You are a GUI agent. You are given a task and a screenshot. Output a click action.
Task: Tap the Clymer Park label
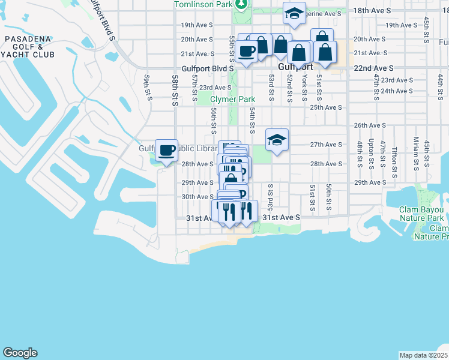[232, 99]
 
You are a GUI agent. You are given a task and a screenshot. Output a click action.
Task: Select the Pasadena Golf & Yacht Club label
[29, 47]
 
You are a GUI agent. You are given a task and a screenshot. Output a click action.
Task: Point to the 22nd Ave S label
[374, 69]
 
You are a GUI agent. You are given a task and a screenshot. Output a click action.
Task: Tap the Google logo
[20, 353]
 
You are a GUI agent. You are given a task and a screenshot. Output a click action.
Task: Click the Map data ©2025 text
[423, 355]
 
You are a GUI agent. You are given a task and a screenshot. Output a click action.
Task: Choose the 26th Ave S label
[369, 125]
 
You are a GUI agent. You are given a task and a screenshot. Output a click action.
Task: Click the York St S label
[304, 85]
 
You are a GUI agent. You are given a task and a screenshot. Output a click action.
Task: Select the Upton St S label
[372, 150]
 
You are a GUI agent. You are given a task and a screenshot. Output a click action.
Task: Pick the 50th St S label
[330, 197]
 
